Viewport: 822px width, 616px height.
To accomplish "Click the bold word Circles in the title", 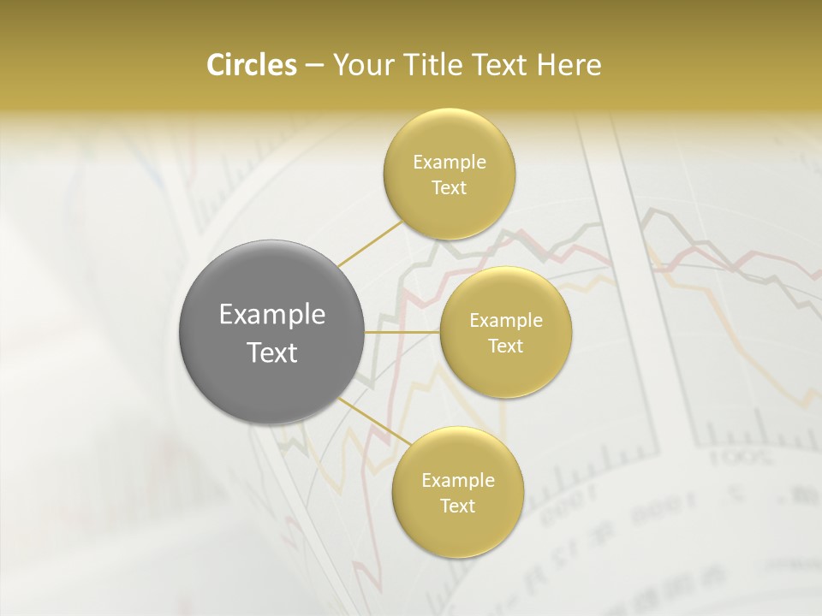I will click(252, 65).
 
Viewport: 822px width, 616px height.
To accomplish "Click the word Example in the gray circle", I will click(272, 315).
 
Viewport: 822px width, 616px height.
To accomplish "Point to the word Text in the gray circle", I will click(272, 352).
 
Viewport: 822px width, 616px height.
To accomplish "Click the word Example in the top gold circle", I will click(450, 163).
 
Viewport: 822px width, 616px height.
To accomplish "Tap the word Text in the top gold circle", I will click(450, 187).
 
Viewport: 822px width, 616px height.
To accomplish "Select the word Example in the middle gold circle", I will click(506, 321).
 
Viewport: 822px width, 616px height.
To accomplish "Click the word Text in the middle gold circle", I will click(506, 346).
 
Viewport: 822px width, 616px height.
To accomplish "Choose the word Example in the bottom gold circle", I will click(458, 481).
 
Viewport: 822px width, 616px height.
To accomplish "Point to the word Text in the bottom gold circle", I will click(458, 506).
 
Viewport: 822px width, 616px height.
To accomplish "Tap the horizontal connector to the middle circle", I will click(402, 331).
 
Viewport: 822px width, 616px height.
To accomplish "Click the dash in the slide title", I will click(314, 66).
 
